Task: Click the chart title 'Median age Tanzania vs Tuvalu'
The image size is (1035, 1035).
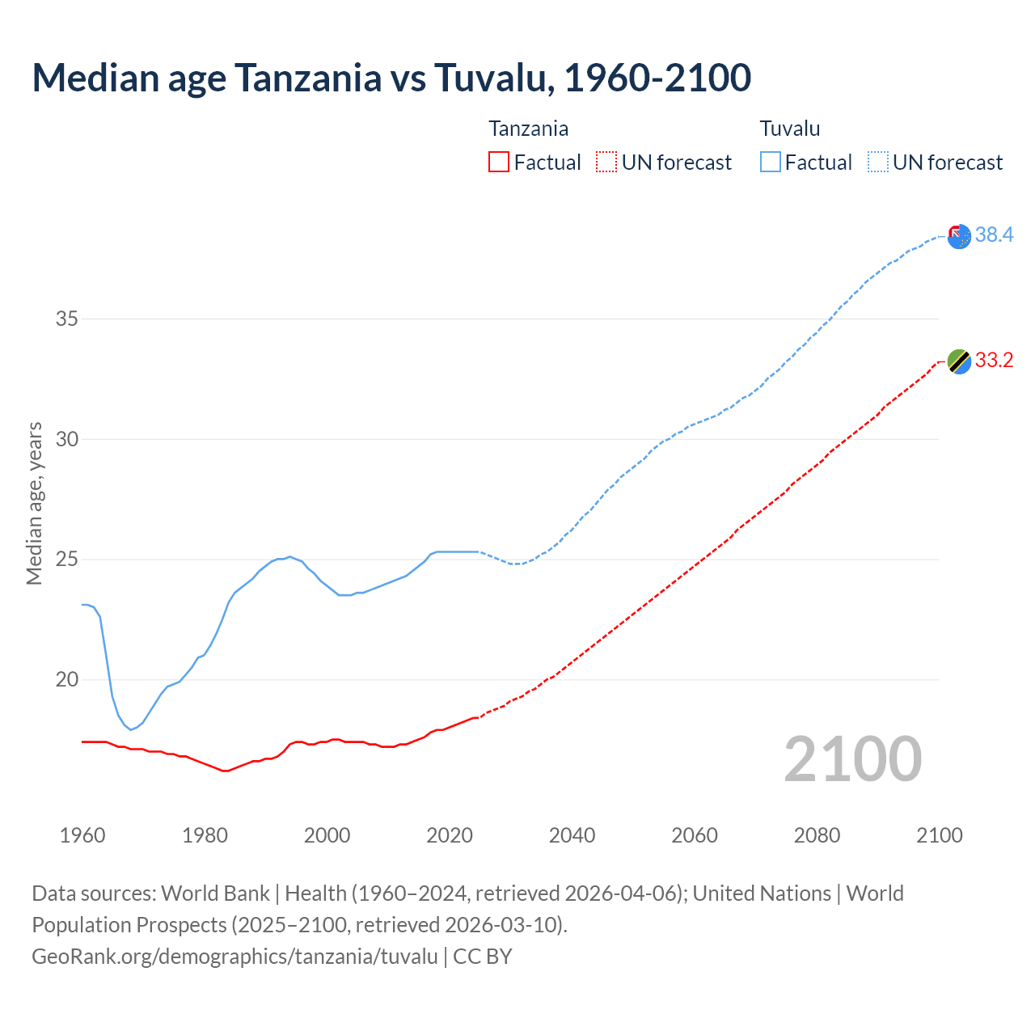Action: pos(391,78)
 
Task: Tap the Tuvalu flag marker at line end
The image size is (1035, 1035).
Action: pos(958,236)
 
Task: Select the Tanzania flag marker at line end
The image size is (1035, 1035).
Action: pos(958,361)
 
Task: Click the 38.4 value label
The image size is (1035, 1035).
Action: pos(994,234)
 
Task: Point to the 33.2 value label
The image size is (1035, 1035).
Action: pos(994,360)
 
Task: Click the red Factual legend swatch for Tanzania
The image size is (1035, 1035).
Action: pos(499,163)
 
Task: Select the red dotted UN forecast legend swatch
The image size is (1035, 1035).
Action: pos(606,163)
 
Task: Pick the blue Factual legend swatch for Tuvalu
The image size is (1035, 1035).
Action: pos(771,163)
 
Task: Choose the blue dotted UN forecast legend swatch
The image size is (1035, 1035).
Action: pos(877,163)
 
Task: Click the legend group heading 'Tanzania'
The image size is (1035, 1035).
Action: pos(528,129)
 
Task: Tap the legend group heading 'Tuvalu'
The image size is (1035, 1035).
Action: pos(790,129)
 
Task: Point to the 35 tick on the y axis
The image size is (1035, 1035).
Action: pos(67,319)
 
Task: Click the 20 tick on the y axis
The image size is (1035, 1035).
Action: pos(67,679)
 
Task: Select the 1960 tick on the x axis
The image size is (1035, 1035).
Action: pos(82,835)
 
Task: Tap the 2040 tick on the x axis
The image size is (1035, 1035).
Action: pos(572,835)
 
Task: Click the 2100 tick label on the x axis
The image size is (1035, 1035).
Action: pos(939,835)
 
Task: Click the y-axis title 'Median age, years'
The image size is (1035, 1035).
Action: pos(34,503)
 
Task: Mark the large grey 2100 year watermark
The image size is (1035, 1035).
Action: pos(852,758)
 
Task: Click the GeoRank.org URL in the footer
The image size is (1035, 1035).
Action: pos(234,956)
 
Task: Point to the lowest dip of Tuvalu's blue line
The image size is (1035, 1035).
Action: pos(131,729)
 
